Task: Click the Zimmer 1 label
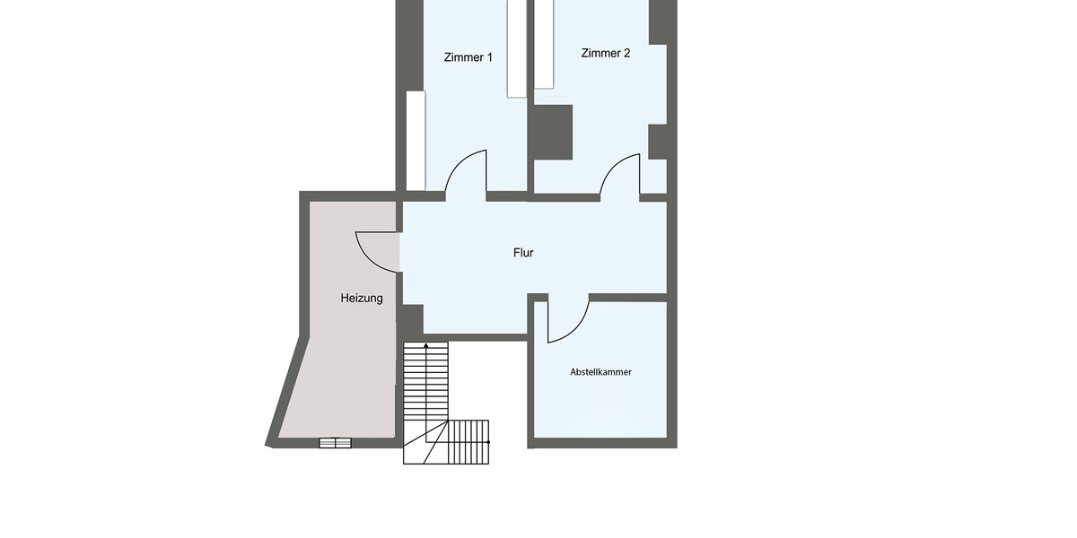click(468, 57)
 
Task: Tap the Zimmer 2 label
click(606, 53)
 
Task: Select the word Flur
click(523, 253)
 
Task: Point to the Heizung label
click(362, 299)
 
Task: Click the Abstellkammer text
click(600, 371)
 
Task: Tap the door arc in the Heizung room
click(375, 250)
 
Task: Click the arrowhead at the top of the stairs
click(425, 345)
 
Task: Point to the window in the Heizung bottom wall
click(335, 442)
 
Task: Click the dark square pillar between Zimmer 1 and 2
click(553, 132)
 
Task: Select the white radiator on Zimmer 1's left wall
click(416, 140)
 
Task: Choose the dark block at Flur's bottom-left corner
click(411, 318)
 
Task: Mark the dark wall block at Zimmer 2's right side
click(658, 142)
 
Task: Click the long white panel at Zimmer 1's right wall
click(517, 48)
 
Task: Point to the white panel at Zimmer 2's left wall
click(544, 44)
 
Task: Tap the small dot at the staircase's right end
click(489, 442)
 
